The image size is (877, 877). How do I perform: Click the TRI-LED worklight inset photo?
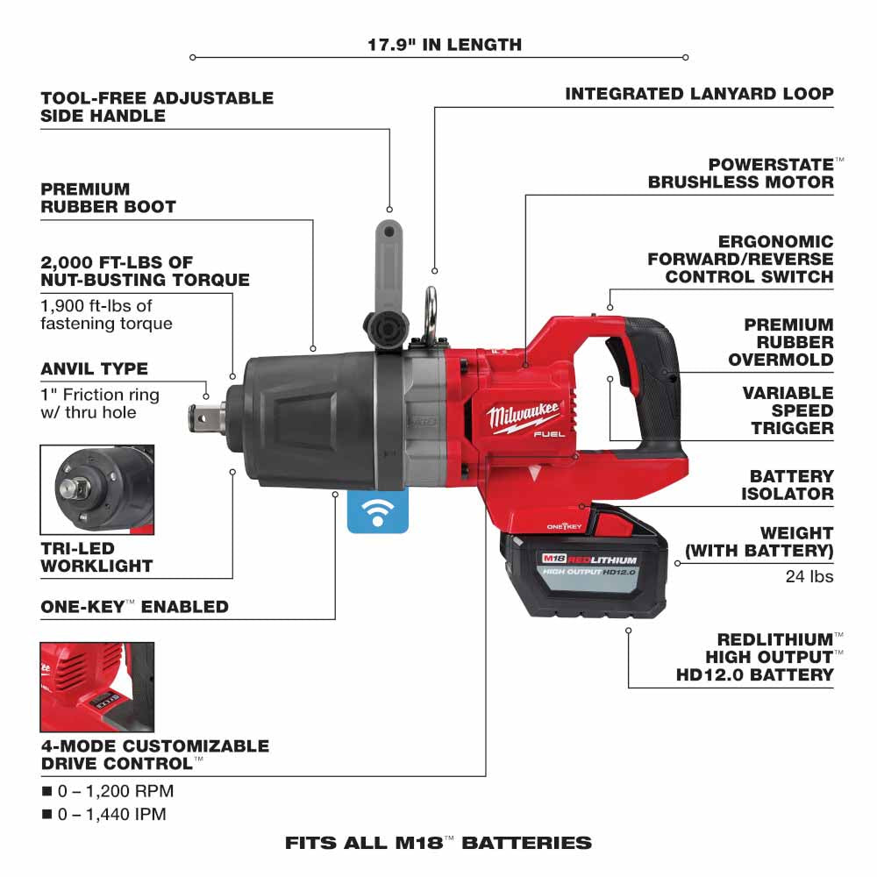(x=97, y=489)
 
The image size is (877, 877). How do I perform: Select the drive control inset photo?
(x=97, y=687)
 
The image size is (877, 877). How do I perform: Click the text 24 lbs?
(x=809, y=576)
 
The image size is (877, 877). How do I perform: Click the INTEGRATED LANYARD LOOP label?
(x=699, y=93)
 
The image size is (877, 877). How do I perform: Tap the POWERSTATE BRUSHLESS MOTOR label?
(x=741, y=173)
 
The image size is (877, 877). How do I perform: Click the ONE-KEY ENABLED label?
(x=134, y=606)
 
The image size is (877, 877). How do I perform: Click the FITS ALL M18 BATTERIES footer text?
(x=438, y=843)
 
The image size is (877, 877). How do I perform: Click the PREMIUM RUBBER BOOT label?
(x=108, y=197)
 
